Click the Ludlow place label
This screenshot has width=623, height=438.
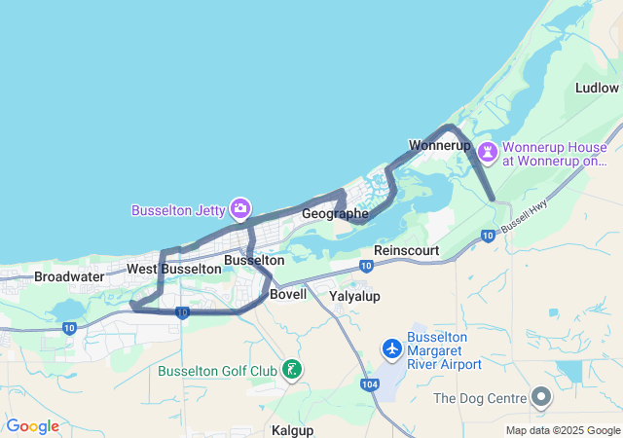597,88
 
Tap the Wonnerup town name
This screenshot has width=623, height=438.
440,145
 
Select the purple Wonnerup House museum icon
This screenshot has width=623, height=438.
488,153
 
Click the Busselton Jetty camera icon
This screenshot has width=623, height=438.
240,208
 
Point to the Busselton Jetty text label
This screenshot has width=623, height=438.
178,209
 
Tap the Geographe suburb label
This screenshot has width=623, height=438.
335,213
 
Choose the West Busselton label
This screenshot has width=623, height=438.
174,269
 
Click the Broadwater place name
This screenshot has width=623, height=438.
69,276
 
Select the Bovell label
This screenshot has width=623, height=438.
288,294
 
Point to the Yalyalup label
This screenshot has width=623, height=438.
354,296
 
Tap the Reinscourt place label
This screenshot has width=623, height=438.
407,251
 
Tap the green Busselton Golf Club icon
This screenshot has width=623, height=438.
290,369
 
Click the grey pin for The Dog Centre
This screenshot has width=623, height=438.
541,397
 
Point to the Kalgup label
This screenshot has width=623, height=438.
291,428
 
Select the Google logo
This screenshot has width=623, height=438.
32,426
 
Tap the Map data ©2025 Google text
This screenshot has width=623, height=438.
562,430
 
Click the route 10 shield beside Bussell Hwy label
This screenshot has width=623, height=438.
488,235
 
